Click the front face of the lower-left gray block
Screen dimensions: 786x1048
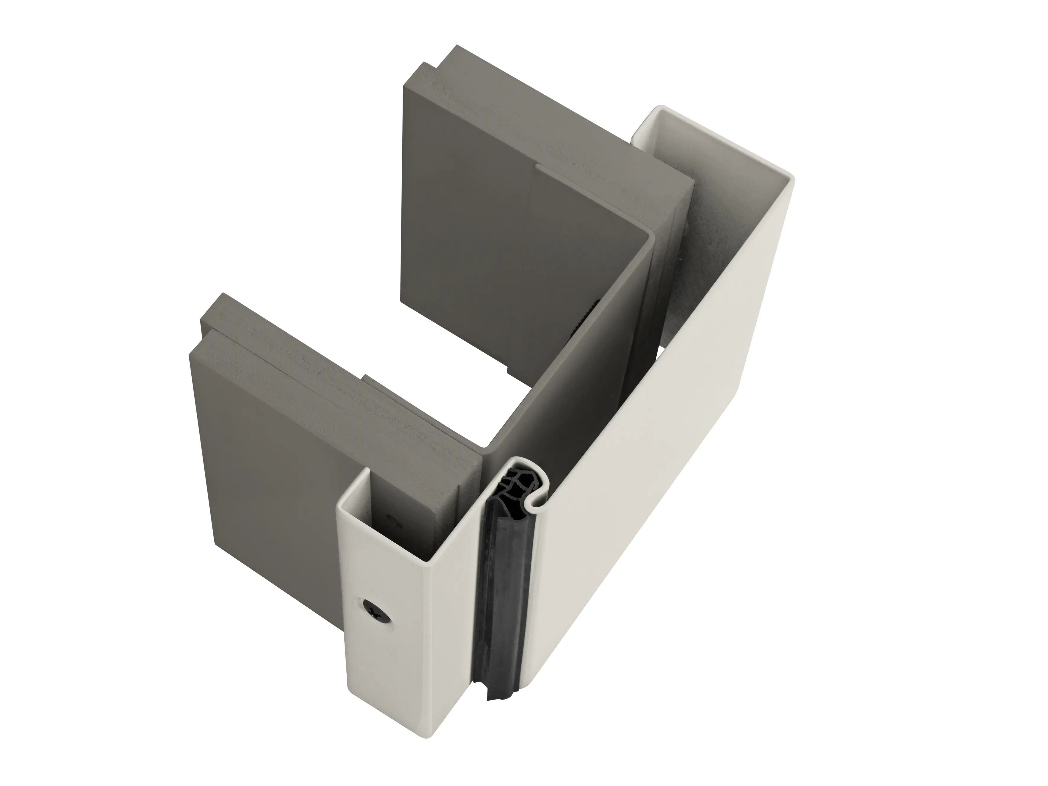coord(265,455)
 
